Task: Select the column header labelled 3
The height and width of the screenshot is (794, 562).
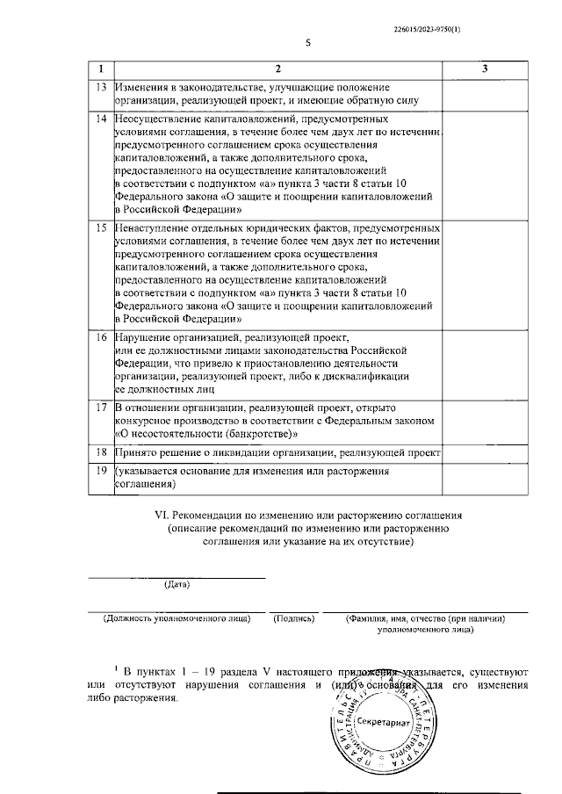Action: pyautogui.click(x=485, y=69)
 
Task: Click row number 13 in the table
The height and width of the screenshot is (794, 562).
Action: pyautogui.click(x=102, y=87)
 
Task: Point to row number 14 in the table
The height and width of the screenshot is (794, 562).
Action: pyautogui.click(x=102, y=118)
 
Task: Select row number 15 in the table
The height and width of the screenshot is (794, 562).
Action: pyautogui.click(x=102, y=227)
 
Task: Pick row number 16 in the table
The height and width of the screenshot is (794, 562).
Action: pyautogui.click(x=102, y=337)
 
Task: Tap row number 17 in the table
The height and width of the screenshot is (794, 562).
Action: pyautogui.click(x=102, y=408)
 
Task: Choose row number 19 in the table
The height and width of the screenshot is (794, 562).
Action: pyautogui.click(x=102, y=472)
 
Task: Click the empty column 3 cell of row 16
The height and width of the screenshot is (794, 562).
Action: pyautogui.click(x=485, y=362)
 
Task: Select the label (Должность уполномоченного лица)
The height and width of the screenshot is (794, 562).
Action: pyautogui.click(x=176, y=618)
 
